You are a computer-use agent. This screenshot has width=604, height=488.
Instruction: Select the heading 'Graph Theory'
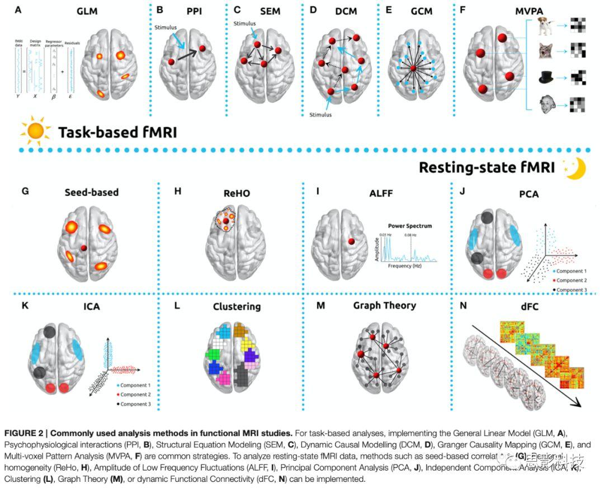(x=384, y=305)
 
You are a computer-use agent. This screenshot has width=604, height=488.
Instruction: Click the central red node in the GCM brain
(x=413, y=68)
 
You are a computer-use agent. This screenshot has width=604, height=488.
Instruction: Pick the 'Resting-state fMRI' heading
(x=487, y=168)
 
